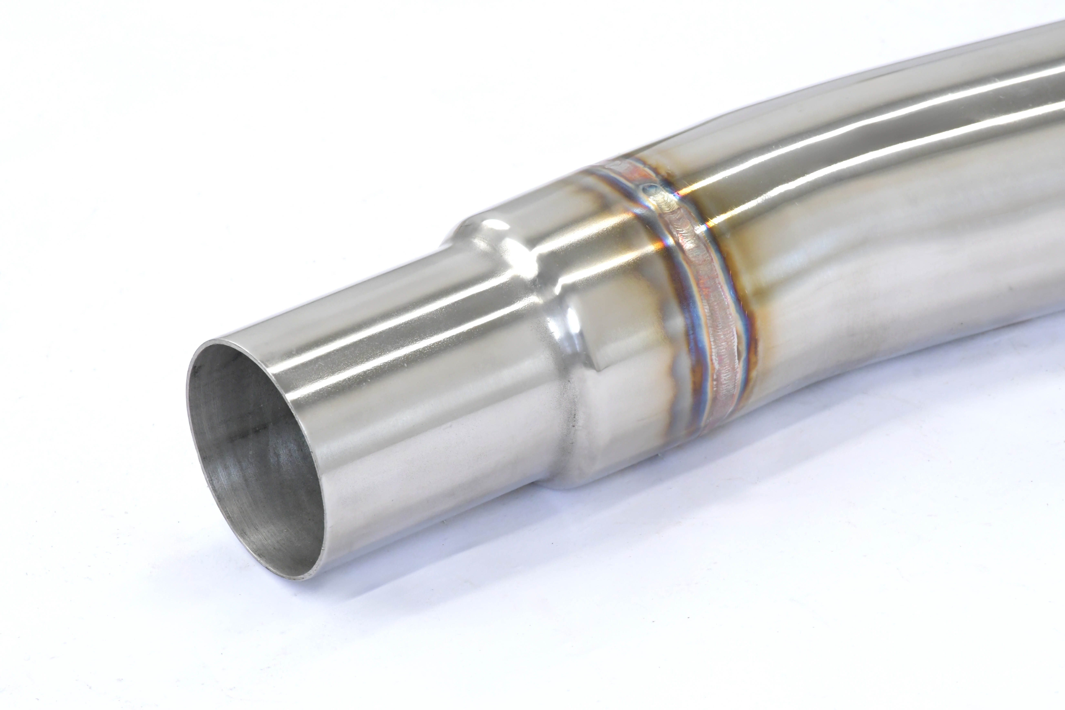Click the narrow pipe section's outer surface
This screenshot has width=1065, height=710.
tap(407, 408)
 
